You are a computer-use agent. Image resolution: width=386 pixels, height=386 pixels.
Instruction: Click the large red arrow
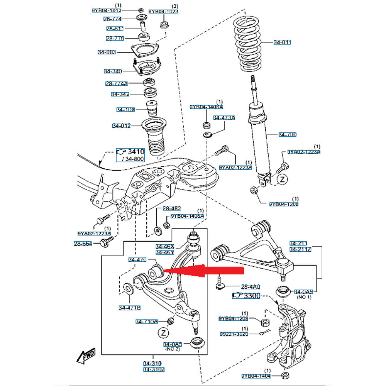coord(205,271)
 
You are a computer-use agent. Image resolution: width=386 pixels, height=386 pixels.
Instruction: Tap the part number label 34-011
coord(282,42)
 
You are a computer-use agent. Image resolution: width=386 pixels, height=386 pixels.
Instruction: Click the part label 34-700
coord(288,135)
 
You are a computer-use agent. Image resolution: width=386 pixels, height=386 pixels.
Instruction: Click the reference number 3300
coord(253,296)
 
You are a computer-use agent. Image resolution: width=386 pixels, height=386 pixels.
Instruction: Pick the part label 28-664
coord(83,244)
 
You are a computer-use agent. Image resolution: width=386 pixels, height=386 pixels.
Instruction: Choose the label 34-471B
coord(130,308)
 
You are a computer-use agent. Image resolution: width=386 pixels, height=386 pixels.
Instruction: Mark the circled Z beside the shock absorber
coord(283,179)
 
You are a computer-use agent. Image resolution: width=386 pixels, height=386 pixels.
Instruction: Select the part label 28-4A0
coord(251,287)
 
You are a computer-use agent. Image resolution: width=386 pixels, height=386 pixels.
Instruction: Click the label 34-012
coord(122,126)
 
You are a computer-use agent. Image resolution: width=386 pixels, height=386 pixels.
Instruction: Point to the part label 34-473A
coord(224,117)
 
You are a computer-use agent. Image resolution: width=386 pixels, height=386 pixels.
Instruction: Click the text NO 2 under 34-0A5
coord(173,349)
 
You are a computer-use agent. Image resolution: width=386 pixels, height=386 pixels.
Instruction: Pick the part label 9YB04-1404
coord(256,376)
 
